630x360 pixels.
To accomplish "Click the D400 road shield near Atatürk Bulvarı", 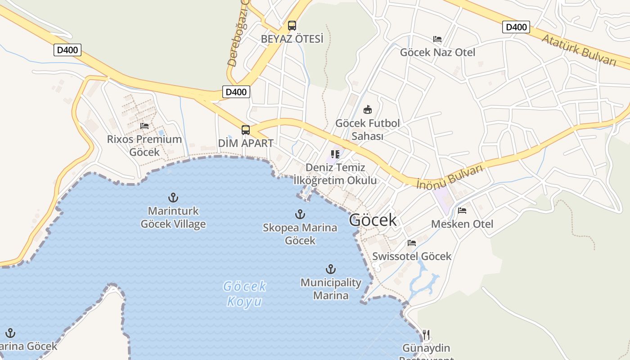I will coord(516,27).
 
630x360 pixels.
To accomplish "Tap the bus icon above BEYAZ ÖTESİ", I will coord(292,26).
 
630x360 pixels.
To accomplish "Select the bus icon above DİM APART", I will coord(245,130).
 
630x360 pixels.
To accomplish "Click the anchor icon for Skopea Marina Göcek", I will coord(300,214).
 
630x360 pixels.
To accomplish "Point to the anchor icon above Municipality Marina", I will coord(331,270).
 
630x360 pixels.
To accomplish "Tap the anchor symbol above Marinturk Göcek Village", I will coord(173,198).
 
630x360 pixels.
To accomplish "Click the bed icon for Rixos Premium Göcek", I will coord(144,126).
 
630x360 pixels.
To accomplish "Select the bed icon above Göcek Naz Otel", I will coord(437,39).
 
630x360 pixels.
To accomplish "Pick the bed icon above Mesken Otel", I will coord(462,211).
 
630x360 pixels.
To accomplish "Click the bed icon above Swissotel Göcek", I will coord(412,243).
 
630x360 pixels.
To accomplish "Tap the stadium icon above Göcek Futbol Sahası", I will coord(368,109).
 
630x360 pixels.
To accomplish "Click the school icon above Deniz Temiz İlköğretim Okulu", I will coord(335,154).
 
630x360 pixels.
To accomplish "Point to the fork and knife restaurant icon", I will coord(426,335).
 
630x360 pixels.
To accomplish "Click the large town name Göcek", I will coord(373,220).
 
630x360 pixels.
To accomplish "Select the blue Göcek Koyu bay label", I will coord(245,293).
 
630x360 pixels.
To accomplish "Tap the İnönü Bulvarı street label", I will coord(450,177).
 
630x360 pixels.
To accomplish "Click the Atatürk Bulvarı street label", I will coord(578,50).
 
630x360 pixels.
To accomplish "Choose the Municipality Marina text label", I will coord(331,289).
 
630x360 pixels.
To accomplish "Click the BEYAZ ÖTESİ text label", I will coord(292,39).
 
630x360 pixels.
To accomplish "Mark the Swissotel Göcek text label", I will coord(412,256).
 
